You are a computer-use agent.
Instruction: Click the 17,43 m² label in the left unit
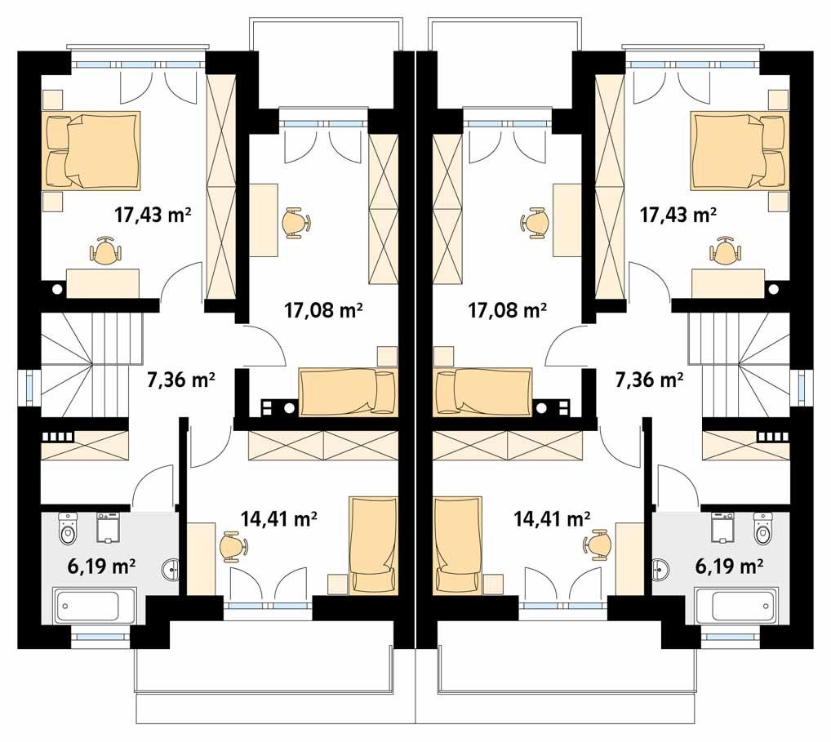pyautogui.click(x=153, y=215)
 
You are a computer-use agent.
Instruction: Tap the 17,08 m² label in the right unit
pyautogui.click(x=507, y=309)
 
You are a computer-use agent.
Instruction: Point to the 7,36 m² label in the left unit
pyautogui.click(x=181, y=380)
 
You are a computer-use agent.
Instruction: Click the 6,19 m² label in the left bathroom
pyautogui.click(x=102, y=566)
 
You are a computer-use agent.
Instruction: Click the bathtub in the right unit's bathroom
pyautogui.click(x=736, y=605)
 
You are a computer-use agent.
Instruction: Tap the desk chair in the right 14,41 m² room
pyautogui.click(x=597, y=544)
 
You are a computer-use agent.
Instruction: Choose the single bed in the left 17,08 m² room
pyautogui.click(x=349, y=392)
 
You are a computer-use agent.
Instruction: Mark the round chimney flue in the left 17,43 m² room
pyautogui.click(x=57, y=290)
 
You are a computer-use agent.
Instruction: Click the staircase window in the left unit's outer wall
pyautogui.click(x=29, y=386)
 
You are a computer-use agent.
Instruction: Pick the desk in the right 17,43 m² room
pyautogui.click(x=727, y=283)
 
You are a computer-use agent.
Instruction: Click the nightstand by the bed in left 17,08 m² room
pyautogui.click(x=388, y=356)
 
